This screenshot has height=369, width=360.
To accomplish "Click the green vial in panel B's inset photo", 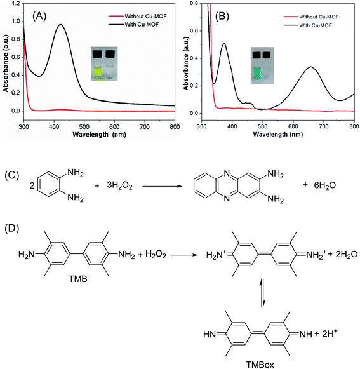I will pyautogui.click(x=257, y=61).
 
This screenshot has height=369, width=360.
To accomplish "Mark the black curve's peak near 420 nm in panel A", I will pyautogui.click(x=61, y=25).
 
